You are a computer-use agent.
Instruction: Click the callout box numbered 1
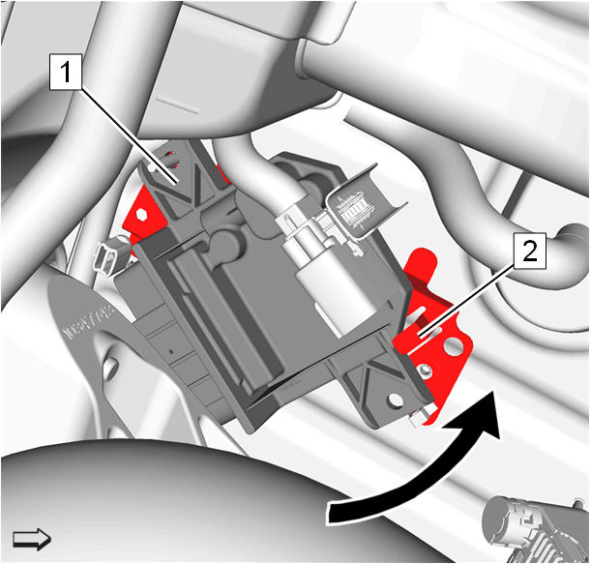click(66, 72)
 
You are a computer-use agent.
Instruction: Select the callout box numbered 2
click(530, 251)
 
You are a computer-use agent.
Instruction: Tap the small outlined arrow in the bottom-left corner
click(32, 540)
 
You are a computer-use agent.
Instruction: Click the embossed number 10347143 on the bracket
click(89, 322)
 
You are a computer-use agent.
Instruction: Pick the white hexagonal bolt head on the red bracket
click(141, 215)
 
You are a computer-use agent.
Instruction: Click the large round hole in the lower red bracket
click(455, 345)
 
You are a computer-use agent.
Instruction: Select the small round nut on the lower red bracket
click(426, 371)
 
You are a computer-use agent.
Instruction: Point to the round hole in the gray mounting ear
click(395, 400)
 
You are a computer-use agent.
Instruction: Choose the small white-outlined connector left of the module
click(110, 254)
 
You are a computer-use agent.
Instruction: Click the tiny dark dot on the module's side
click(171, 352)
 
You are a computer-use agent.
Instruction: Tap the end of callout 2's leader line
click(419, 336)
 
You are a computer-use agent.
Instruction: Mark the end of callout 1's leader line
click(175, 184)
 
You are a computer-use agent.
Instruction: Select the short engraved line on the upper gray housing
click(178, 105)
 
